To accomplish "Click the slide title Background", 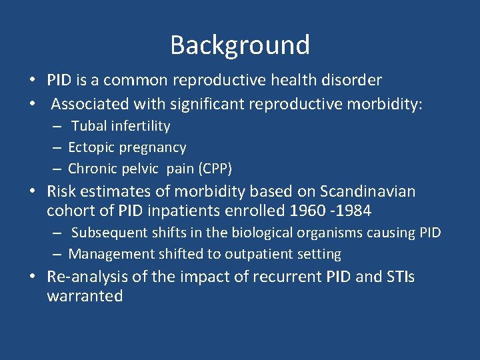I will tap(240, 45).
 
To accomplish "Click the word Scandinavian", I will tap(367, 192).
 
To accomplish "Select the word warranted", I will tap(85, 296).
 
